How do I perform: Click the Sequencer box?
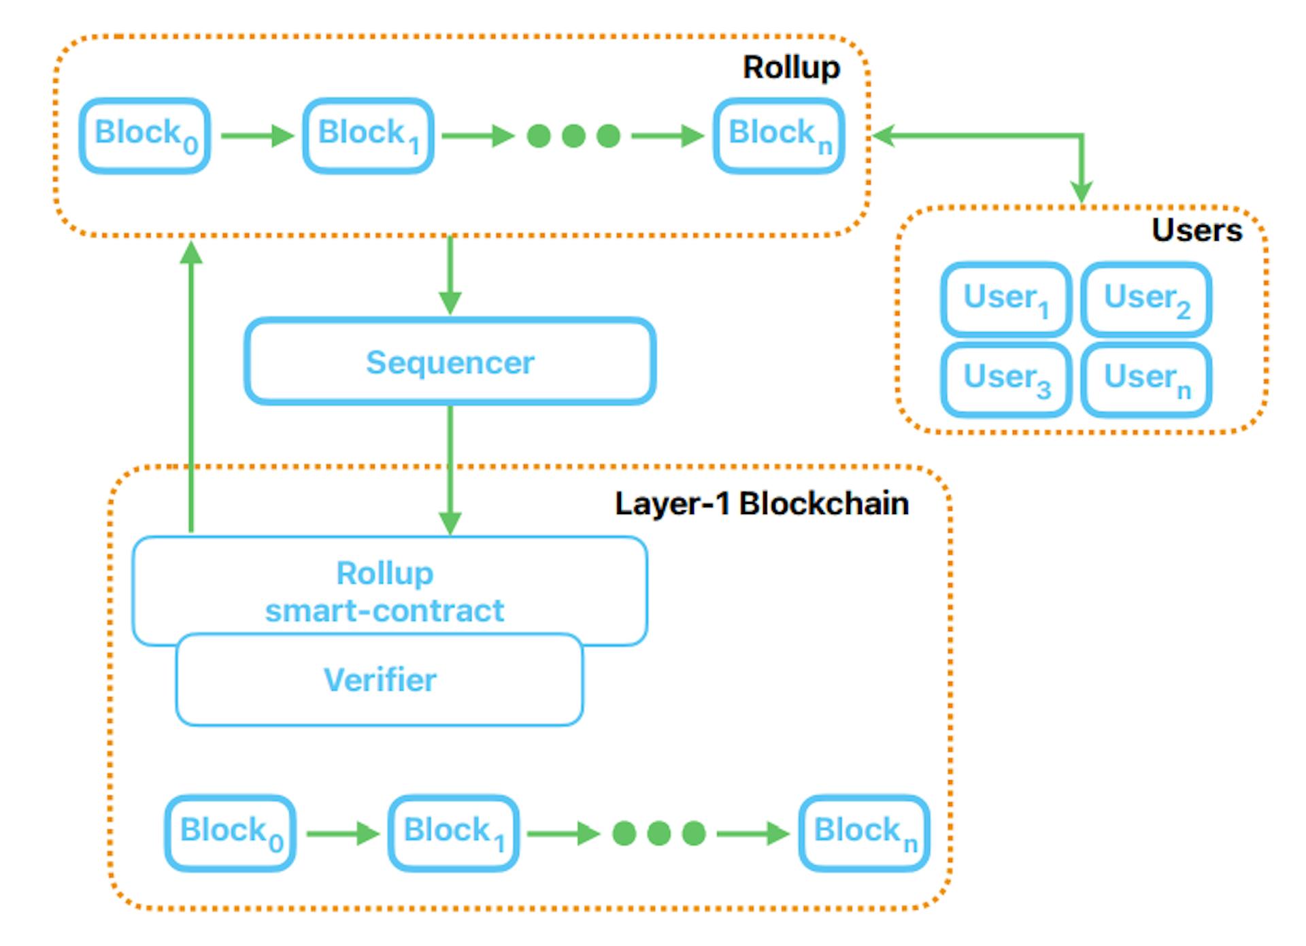coord(450,362)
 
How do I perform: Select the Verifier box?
coord(380,680)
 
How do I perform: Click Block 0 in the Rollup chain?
coord(145,135)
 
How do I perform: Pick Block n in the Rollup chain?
coord(779,135)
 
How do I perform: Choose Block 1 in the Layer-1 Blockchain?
coord(453,833)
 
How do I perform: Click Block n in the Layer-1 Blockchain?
coord(864,833)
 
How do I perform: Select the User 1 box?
coord(1006,299)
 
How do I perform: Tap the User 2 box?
coord(1146,299)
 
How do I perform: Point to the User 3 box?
coord(1006,379)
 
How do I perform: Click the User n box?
coord(1146,379)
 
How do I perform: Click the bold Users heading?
coord(1196,230)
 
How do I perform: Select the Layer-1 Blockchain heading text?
coord(761,504)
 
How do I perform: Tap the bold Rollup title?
coord(791,67)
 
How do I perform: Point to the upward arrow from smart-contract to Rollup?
coord(191,388)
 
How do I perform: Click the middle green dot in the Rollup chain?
coord(573,135)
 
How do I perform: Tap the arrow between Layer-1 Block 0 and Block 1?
coord(342,833)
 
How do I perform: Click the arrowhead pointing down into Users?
coord(1082,192)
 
